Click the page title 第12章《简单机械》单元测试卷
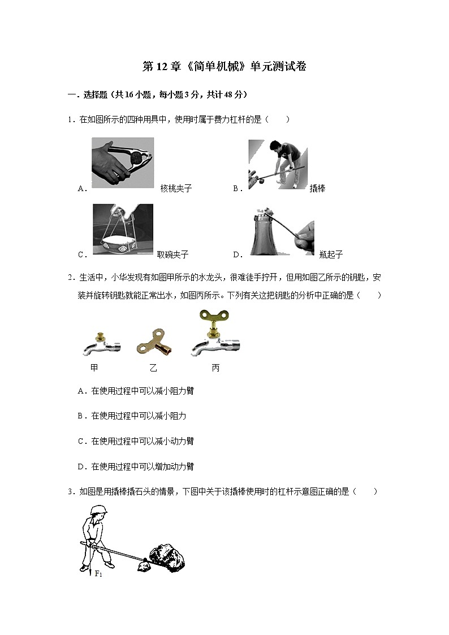(224, 67)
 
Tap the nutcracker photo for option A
(123, 163)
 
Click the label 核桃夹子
(176, 188)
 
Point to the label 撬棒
(317, 188)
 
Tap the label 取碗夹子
(172, 254)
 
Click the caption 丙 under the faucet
(215, 368)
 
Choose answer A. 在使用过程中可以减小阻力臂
(136, 391)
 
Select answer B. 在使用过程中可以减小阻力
(132, 416)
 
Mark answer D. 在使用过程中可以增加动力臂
(136, 466)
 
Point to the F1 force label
(98, 574)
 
